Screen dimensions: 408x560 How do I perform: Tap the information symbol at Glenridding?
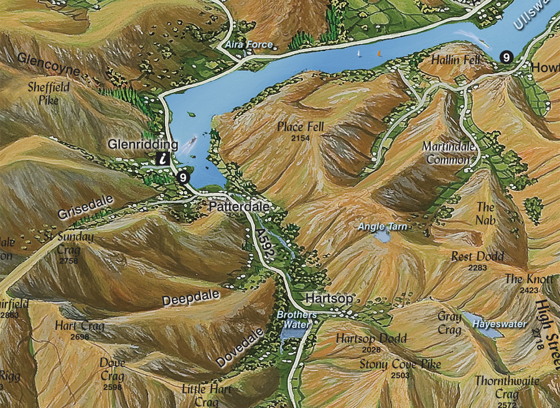point(163,159)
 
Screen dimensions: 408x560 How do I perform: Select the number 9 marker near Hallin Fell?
point(506,57)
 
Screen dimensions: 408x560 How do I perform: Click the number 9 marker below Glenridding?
point(182,177)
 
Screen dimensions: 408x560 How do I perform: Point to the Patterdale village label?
point(239,206)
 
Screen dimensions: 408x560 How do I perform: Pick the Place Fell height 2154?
point(301,137)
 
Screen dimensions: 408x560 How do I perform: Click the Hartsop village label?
point(329,299)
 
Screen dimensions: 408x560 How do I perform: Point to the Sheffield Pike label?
point(49,93)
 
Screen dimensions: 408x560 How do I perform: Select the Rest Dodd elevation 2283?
point(477,267)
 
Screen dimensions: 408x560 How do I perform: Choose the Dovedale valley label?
point(240,348)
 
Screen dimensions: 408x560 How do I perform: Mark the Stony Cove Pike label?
point(400,364)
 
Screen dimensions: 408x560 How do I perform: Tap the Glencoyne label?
point(49,65)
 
